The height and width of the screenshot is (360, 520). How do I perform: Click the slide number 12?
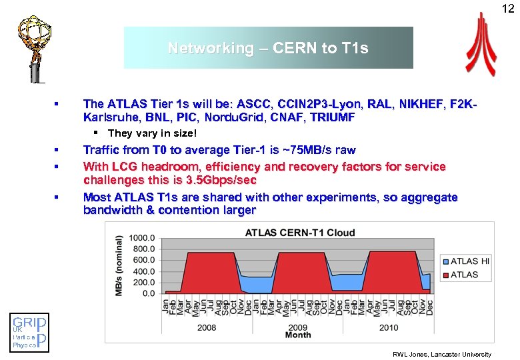pos(509,8)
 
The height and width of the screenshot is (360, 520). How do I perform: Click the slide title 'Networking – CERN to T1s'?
pos(268,48)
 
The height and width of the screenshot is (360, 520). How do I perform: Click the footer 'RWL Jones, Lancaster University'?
pos(442,354)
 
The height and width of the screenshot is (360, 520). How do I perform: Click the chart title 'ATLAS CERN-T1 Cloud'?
pos(300,233)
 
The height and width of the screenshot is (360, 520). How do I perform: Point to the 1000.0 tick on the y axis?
pos(142,238)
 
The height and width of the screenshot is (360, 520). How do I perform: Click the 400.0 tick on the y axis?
pos(143,271)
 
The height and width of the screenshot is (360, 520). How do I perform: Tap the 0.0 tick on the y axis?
pos(148,293)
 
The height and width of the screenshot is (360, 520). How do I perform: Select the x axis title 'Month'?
pos(298,335)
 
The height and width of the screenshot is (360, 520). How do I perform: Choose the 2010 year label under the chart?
pos(388,327)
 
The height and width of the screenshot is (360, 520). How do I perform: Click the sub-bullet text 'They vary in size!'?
pos(143,133)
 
